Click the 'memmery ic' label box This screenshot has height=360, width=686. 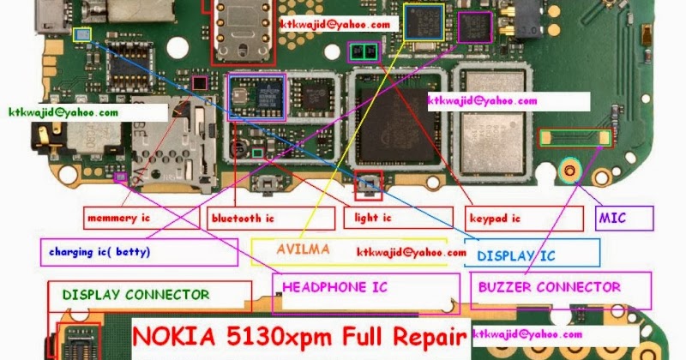(141, 218)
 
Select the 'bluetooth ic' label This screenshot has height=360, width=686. (271, 218)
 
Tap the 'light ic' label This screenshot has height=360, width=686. (398, 218)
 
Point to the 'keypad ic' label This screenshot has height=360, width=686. (524, 218)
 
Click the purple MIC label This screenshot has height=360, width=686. (624, 219)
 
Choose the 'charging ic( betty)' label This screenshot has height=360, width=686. (139, 252)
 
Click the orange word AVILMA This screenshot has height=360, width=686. (303, 249)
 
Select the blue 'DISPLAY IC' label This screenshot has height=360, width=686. (532, 253)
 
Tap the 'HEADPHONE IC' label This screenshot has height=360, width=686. (366, 293)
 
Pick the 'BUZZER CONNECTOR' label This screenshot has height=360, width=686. (561, 291)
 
